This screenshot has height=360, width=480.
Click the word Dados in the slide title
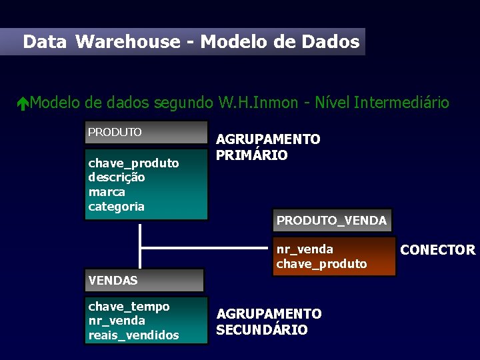click(330, 42)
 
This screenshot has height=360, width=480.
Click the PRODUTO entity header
click(115, 132)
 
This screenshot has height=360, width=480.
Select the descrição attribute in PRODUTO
click(117, 177)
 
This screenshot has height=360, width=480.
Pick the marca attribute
click(107, 192)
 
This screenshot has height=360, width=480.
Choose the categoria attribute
click(116, 207)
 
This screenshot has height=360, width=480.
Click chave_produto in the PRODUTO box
click(133, 163)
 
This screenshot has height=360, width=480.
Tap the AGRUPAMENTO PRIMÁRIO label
click(268, 147)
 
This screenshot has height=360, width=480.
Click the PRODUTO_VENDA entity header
click(331, 221)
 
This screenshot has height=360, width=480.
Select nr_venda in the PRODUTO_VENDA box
click(305, 249)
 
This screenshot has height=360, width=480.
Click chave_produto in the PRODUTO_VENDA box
click(321, 264)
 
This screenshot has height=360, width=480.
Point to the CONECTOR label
click(437, 250)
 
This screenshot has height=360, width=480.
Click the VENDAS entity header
click(113, 281)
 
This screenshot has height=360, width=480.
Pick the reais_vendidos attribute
click(133, 335)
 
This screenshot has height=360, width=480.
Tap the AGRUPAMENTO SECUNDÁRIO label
click(268, 321)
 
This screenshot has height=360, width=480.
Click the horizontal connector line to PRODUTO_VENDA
click(207, 249)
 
